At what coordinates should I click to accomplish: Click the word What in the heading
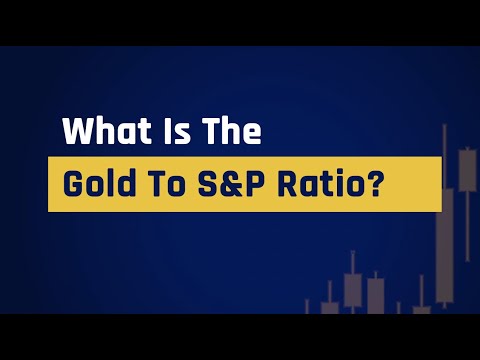[99, 132]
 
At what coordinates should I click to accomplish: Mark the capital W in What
[78, 132]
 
